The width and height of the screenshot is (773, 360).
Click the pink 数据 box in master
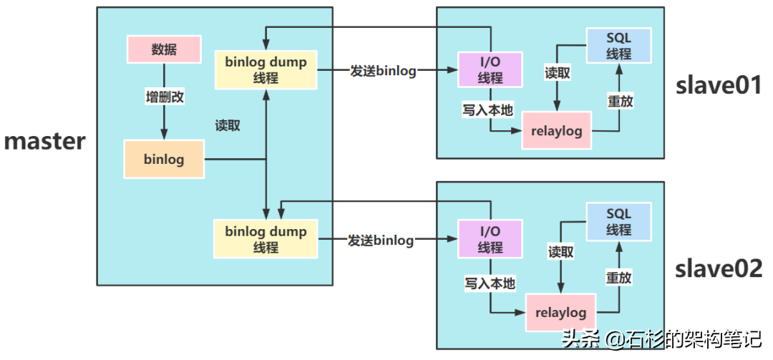(x=164, y=49)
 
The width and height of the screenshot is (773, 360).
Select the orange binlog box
(x=164, y=159)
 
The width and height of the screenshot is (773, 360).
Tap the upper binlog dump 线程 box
(x=266, y=69)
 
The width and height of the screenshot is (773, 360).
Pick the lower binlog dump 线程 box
(x=266, y=239)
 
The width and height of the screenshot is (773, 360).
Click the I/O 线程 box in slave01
(x=490, y=70)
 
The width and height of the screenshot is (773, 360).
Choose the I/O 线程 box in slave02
(x=490, y=239)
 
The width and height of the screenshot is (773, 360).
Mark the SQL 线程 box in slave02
(x=618, y=221)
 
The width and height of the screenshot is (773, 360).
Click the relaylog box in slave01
(x=557, y=131)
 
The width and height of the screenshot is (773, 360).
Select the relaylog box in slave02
(x=561, y=313)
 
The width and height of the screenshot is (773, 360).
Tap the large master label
(x=45, y=140)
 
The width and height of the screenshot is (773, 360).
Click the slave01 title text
(x=718, y=85)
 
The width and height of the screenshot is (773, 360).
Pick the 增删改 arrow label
(x=164, y=97)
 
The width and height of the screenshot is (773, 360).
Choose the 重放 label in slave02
(x=618, y=278)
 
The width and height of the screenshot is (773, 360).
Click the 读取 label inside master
(x=228, y=125)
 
